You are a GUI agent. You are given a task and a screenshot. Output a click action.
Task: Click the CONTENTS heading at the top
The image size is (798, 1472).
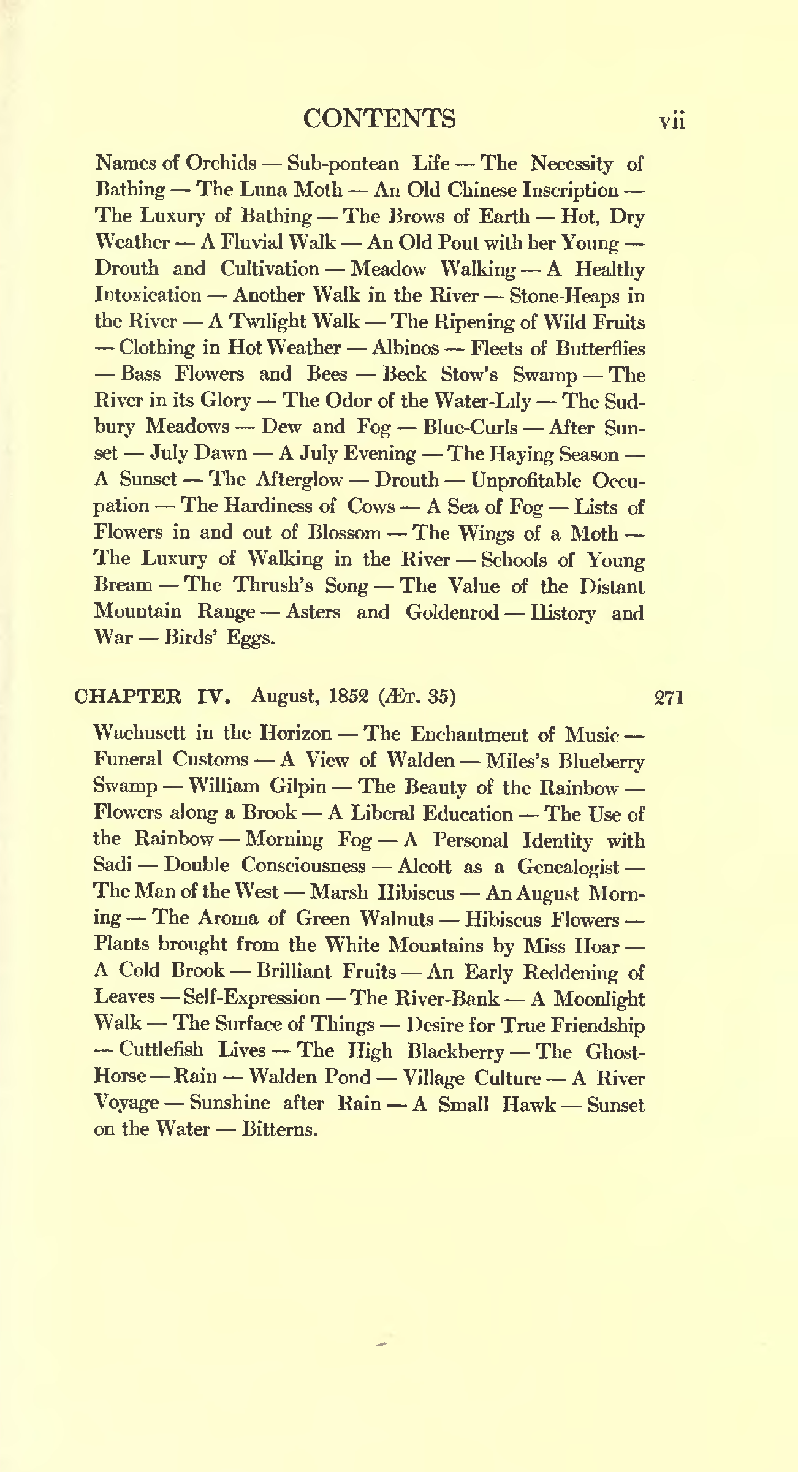379,119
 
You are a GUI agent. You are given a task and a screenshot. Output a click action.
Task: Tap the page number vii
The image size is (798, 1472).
672,121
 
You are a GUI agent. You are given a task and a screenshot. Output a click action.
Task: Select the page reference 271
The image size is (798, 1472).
669,697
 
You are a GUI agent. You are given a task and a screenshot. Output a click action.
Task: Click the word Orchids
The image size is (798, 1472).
221,164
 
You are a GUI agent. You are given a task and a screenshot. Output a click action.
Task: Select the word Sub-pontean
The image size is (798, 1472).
343,164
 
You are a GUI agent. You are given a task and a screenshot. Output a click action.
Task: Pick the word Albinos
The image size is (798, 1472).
405,348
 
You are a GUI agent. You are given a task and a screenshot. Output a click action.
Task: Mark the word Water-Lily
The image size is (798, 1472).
482,401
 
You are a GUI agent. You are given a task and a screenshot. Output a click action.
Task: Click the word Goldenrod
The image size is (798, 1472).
452,612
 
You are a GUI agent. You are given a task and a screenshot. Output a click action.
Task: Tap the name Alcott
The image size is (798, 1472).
424,866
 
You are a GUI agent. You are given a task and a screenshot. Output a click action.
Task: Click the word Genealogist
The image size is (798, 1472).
568,867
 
